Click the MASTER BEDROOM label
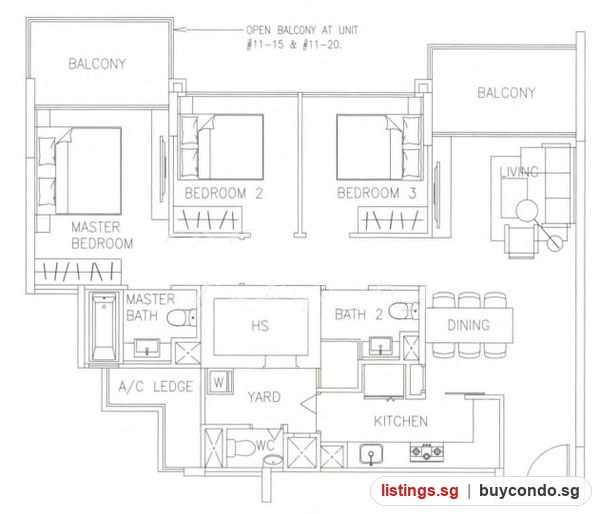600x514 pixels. (x=102, y=235)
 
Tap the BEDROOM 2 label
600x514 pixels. (x=223, y=193)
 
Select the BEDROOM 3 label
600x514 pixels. (x=377, y=193)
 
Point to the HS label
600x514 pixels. (x=260, y=326)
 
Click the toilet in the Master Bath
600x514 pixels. (x=182, y=318)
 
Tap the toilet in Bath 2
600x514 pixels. (x=404, y=311)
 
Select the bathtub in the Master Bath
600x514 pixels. (x=104, y=326)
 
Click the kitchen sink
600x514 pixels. (x=371, y=455)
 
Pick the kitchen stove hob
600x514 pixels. (x=427, y=452)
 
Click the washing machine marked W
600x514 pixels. (x=219, y=382)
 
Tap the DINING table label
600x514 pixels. (x=468, y=325)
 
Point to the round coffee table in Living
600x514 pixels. (x=527, y=210)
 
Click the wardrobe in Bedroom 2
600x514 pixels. (x=208, y=219)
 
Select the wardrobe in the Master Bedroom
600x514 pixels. (x=78, y=271)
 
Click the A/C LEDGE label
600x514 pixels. (x=155, y=387)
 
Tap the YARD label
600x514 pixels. (x=264, y=397)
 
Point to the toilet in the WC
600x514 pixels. (x=241, y=447)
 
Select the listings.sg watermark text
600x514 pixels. (x=419, y=491)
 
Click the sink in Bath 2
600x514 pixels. (x=380, y=346)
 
